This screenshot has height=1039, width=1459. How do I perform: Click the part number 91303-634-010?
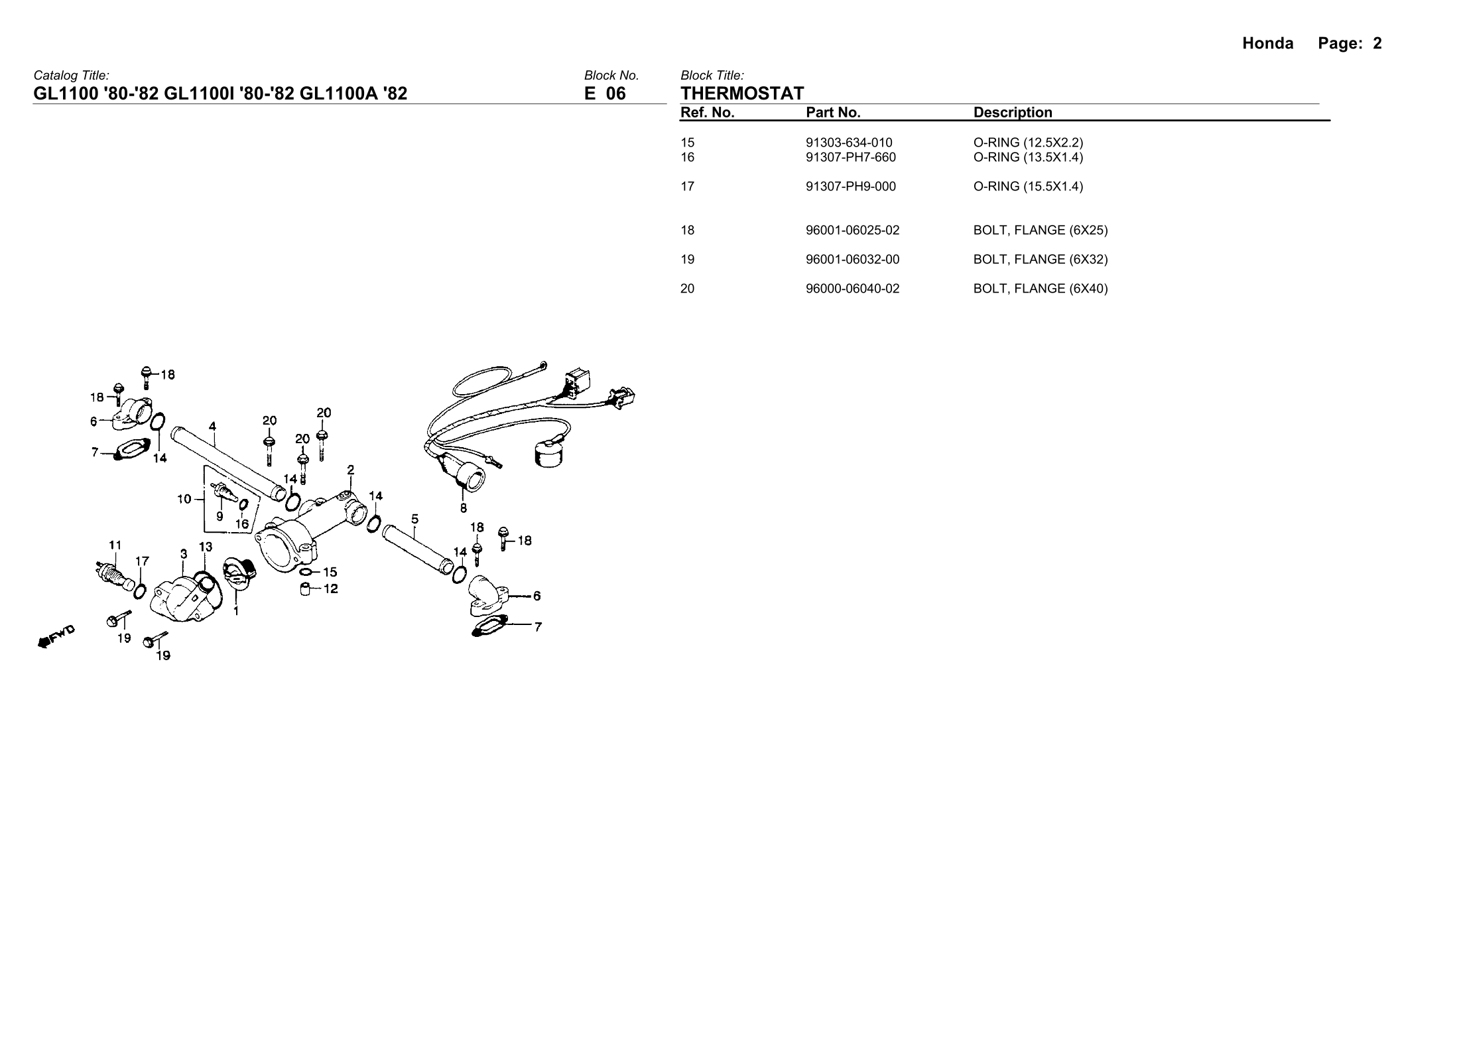point(848,143)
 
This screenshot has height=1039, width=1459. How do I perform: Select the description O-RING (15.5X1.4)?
point(1027,186)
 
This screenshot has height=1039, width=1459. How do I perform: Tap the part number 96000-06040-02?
point(852,289)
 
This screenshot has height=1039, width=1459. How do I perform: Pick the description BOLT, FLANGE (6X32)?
point(1040,259)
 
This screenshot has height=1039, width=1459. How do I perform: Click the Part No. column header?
point(832,113)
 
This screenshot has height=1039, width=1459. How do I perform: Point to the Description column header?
point(1012,113)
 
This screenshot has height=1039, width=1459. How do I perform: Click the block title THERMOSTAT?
point(741,94)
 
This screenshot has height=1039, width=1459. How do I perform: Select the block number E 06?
point(604,94)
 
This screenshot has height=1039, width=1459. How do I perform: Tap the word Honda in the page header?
point(1267,44)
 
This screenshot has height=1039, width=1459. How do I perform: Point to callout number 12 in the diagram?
point(330,589)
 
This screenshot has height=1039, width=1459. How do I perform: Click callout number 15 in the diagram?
point(330,572)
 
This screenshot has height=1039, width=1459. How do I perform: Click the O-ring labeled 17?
point(140,590)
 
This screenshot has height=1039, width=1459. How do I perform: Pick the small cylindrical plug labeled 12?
point(306,589)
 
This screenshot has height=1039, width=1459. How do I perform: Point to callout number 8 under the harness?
point(463,509)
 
